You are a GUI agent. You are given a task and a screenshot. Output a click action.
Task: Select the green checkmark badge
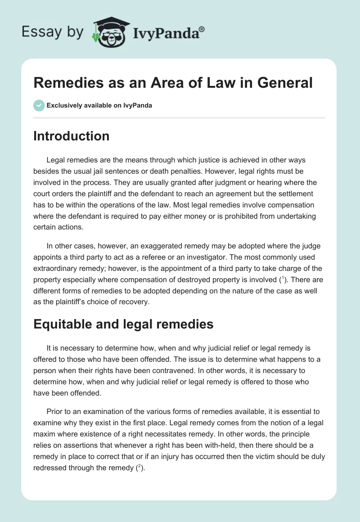tap(38, 105)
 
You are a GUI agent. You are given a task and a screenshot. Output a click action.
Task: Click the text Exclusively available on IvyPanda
tap(99, 106)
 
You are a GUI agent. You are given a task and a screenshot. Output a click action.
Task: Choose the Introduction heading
tap(71, 136)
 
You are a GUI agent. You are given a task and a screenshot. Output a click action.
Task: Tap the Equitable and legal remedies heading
tap(123, 324)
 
